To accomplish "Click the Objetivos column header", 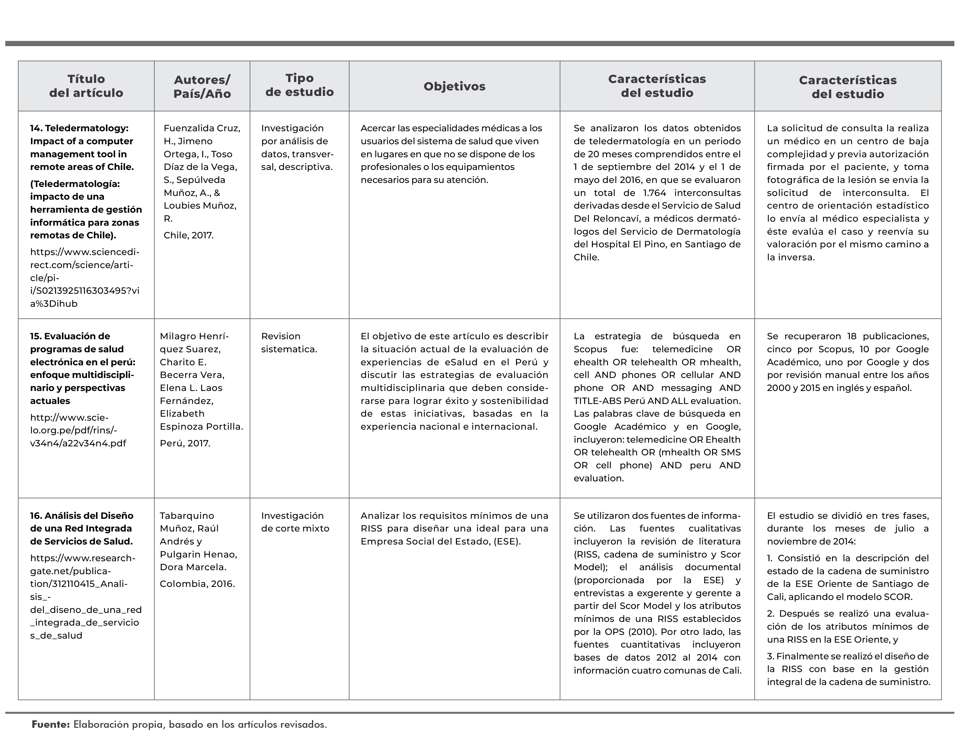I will pos(454,86).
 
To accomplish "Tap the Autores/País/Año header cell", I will pos(202,87).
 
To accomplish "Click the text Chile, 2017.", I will pos(189,236).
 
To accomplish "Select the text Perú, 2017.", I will pos(185,444).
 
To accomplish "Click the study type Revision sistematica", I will pos(289,343).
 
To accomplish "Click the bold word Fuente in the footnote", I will pos(50,725).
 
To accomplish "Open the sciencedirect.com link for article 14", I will pos(85,278).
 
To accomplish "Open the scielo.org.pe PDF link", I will pos(78,431).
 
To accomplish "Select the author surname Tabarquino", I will pos(187,516).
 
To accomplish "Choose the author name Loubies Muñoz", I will pos(200,206).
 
